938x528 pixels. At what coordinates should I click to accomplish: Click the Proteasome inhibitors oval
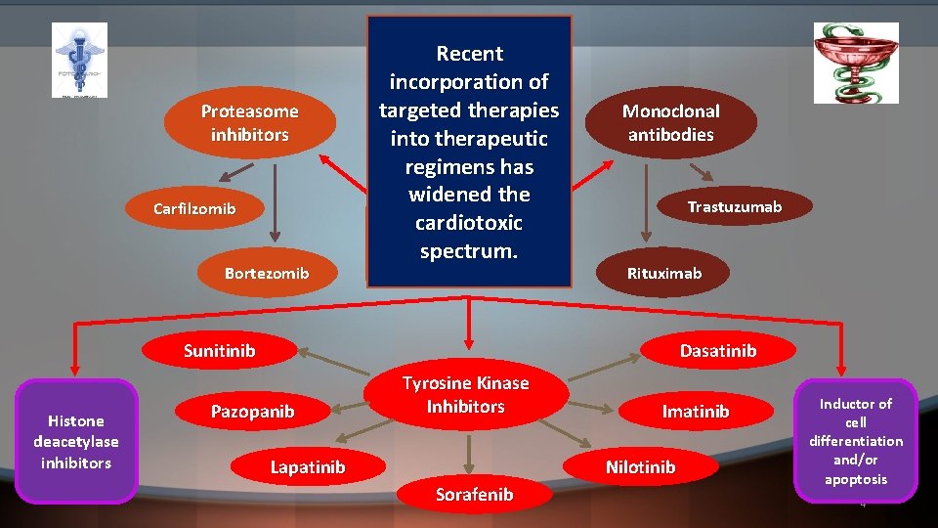point(249,123)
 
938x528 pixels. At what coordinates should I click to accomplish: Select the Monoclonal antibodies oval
point(670,123)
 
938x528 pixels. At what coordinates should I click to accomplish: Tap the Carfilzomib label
point(194,209)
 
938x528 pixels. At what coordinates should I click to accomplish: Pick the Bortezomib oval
point(267,273)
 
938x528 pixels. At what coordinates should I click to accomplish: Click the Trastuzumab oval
point(734,206)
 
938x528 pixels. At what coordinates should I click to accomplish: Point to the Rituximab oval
point(664,273)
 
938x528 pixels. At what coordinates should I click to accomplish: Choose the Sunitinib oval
point(220,351)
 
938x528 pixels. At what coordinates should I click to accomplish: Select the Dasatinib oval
point(717,351)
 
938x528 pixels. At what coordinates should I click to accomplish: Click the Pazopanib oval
point(252,412)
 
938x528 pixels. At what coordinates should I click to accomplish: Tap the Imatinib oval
point(696,412)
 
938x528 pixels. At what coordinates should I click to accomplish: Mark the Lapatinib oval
point(307,467)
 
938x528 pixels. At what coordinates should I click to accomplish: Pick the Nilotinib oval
point(640,467)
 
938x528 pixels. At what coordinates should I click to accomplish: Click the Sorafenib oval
point(474,495)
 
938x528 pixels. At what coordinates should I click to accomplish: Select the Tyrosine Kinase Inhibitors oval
point(465,395)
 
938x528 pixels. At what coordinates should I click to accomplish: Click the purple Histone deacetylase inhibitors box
point(76,441)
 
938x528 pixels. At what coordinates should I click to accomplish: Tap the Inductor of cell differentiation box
point(855,441)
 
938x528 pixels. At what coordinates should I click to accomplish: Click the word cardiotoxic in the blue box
point(469,223)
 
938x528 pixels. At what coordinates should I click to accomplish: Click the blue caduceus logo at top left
point(79,60)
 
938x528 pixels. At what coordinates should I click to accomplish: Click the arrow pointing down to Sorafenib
point(469,453)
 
